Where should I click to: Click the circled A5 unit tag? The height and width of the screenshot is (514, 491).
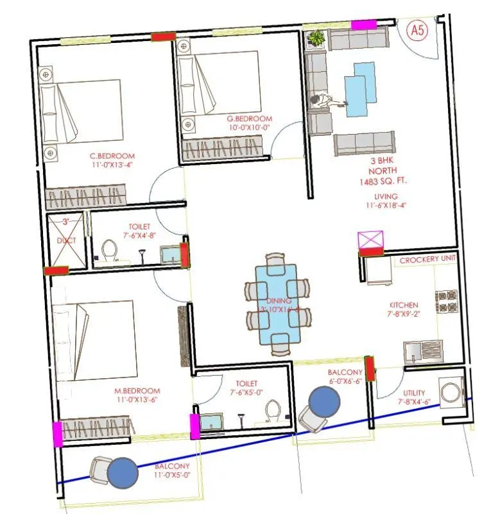(418, 30)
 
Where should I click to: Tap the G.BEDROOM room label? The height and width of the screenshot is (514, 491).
(250, 119)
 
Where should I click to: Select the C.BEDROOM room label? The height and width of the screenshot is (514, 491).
(112, 156)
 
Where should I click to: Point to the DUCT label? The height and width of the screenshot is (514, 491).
(65, 240)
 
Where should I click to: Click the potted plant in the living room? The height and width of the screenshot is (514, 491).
(315, 39)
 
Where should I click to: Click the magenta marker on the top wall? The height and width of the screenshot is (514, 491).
(364, 24)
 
